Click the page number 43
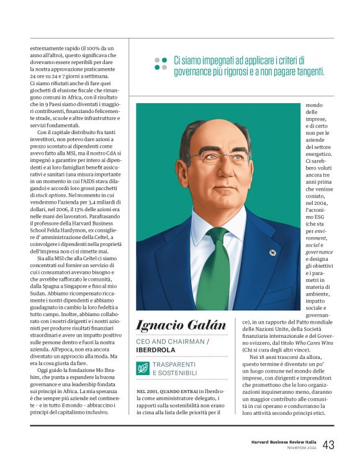(328, 445)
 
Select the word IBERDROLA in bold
(156, 350)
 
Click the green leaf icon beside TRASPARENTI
(143, 368)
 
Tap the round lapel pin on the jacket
(272, 253)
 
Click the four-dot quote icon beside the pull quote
(161, 63)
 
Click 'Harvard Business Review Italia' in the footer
(279, 442)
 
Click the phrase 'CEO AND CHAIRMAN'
(169, 342)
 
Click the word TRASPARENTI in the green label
(174, 364)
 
